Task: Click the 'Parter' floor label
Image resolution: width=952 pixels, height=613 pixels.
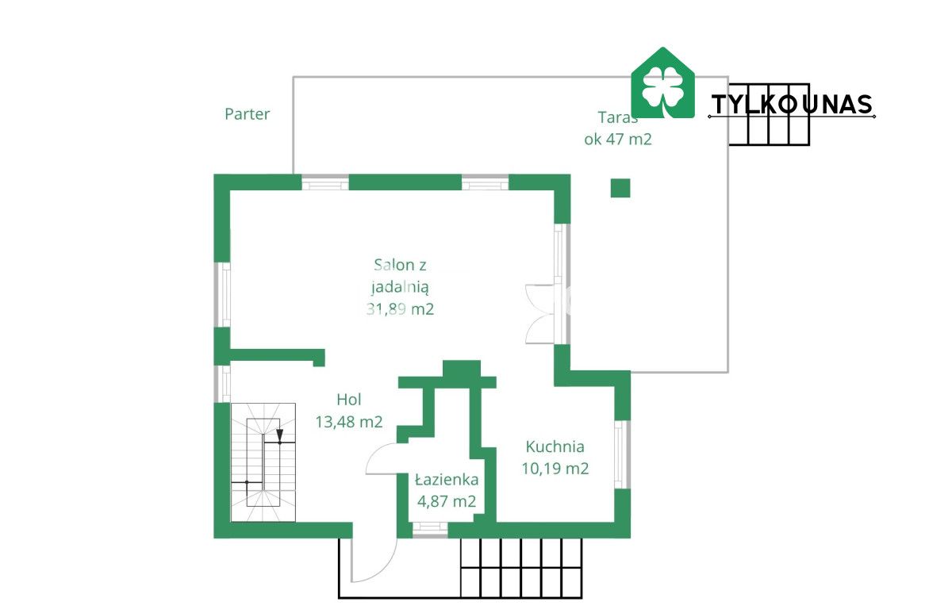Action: point(247,114)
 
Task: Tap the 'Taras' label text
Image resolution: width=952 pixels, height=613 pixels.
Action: point(617,117)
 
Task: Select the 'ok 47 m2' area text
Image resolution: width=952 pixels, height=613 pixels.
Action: point(617,140)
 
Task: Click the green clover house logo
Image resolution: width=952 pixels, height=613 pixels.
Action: point(662,82)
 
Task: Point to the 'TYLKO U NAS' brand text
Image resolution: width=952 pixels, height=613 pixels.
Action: point(792,105)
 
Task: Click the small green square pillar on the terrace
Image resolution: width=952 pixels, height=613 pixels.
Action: point(620,188)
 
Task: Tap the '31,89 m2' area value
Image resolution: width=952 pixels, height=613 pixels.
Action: point(400,308)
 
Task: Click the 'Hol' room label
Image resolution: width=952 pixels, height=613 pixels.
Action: point(349,400)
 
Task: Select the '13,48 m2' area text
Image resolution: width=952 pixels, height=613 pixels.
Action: point(349,421)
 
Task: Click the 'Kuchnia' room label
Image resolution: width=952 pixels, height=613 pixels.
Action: point(555,446)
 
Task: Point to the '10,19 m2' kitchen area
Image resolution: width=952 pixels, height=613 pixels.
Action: point(555,469)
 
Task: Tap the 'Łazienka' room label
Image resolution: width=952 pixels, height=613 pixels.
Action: point(447,480)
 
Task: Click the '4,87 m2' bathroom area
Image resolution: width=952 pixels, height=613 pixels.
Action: point(447,502)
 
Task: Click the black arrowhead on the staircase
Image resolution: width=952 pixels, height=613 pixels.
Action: point(279,435)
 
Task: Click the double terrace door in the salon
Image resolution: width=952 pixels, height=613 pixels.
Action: point(546,314)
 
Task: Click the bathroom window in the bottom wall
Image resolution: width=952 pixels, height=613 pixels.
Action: point(430,529)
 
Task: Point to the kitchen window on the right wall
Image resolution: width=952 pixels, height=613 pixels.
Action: point(622,454)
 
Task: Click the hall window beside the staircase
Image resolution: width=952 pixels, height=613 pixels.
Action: point(222,384)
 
